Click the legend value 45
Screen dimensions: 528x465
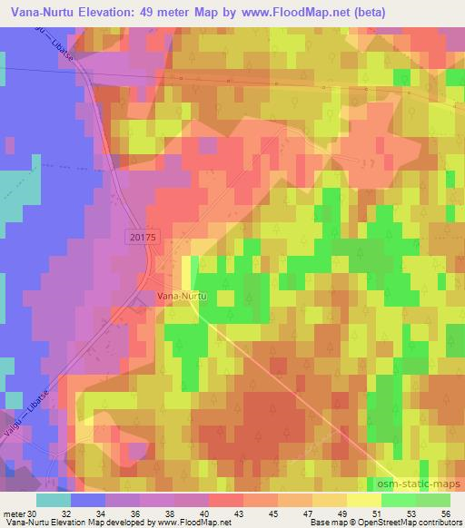click(x=279, y=513)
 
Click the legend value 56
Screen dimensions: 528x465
click(x=444, y=513)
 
